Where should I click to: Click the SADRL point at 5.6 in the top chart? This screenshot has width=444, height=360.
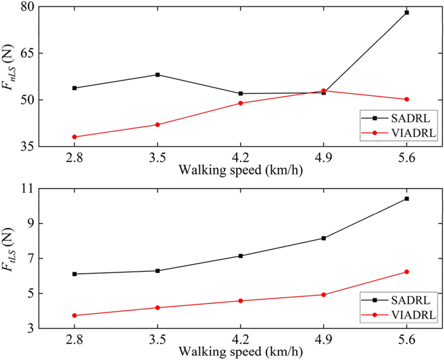407,13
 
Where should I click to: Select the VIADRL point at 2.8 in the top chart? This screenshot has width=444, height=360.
74,137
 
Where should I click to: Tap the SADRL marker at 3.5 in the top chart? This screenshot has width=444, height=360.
157,75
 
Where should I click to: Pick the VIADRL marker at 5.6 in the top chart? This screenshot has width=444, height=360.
407,100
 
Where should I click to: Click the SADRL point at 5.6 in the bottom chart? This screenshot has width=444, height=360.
407,199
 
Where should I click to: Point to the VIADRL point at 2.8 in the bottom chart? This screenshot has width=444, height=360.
74,316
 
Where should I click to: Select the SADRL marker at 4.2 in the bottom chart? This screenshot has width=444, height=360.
240,256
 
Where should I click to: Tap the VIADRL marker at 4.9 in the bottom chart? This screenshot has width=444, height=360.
323,295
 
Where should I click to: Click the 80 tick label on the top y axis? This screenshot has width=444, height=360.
28,7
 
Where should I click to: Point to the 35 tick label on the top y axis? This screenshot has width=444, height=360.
28,147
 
